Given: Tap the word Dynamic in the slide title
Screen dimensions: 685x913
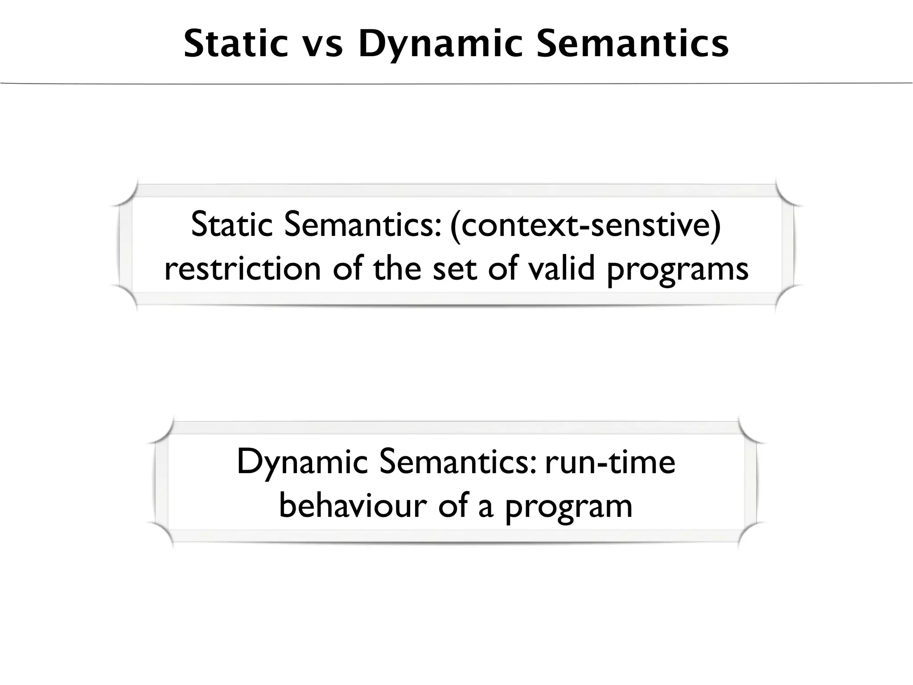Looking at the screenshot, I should [x=440, y=44].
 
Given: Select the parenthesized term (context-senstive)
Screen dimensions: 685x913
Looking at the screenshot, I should [x=585, y=225].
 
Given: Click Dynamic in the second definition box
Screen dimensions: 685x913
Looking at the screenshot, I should [x=302, y=463].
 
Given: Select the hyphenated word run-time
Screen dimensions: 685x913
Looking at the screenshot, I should [x=610, y=462].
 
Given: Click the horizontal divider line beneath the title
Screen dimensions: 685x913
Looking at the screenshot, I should [x=456, y=83].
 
